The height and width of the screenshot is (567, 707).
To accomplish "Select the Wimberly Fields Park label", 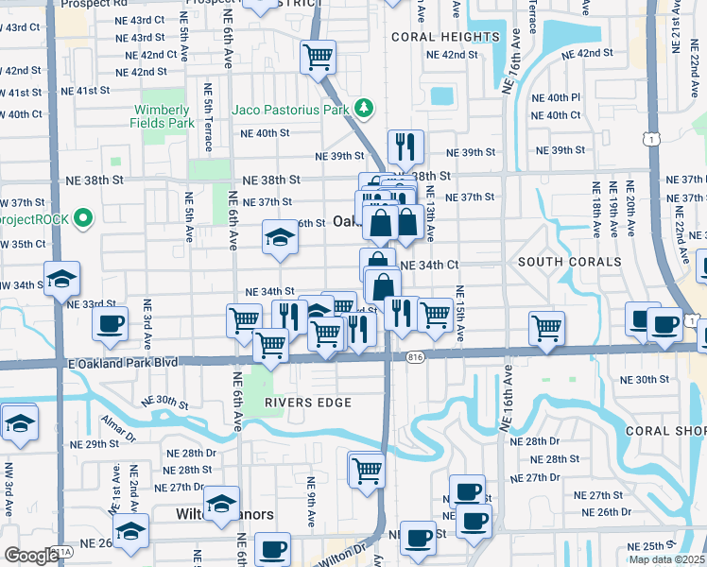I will tap(164, 116).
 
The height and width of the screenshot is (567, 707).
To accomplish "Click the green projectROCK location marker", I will tap(82, 219).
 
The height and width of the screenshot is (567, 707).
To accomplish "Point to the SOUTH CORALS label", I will tap(569, 261).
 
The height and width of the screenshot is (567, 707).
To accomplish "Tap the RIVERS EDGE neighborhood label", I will tap(307, 403).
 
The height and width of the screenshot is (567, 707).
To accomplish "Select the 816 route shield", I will tap(416, 357).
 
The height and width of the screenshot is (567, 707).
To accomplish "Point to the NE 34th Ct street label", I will tap(429, 266).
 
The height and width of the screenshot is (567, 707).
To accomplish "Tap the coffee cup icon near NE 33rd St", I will tap(110, 324).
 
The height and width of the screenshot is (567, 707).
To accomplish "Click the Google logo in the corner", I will tap(31, 556).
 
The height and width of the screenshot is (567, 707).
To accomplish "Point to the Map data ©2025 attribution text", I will tap(667, 559).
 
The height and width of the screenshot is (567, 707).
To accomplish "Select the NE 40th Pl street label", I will tap(556, 98).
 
